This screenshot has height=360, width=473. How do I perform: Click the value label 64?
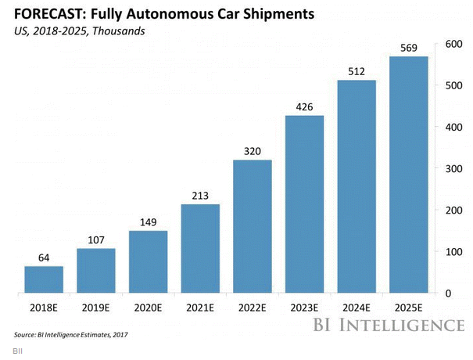tap(44, 257)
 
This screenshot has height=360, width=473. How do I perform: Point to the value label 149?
tap(148, 222)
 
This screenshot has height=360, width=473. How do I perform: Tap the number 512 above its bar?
tap(357, 71)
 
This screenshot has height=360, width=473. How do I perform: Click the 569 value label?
tap(410, 48)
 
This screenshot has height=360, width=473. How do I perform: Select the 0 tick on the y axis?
tap(449, 293)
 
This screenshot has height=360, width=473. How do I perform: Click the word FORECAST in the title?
tap(48, 13)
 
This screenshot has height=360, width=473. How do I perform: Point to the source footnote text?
tap(70, 335)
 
